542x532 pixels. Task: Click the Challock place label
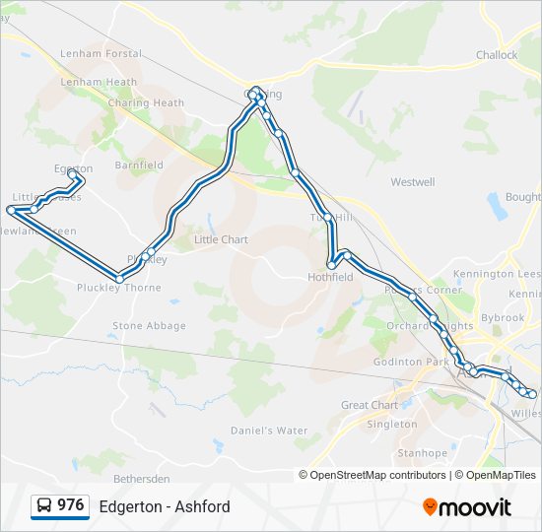[496, 55]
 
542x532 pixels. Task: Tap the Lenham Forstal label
[101, 54]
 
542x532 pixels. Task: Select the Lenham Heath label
[98, 82]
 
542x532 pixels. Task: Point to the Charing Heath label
[146, 102]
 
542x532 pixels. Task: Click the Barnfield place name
[139, 166]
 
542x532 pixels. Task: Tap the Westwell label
[412, 182]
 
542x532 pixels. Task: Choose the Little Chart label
[221, 239]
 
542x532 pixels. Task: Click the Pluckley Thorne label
[118, 289]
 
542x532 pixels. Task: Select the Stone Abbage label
[149, 325]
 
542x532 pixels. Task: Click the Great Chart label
[370, 405]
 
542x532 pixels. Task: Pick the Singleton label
[391, 424]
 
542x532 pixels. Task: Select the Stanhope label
[422, 453]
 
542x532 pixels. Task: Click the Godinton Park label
[411, 363]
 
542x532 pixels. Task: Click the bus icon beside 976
[44, 506]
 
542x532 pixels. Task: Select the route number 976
[71, 505]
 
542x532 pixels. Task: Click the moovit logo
[467, 506]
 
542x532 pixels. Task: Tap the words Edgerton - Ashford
[165, 506]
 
